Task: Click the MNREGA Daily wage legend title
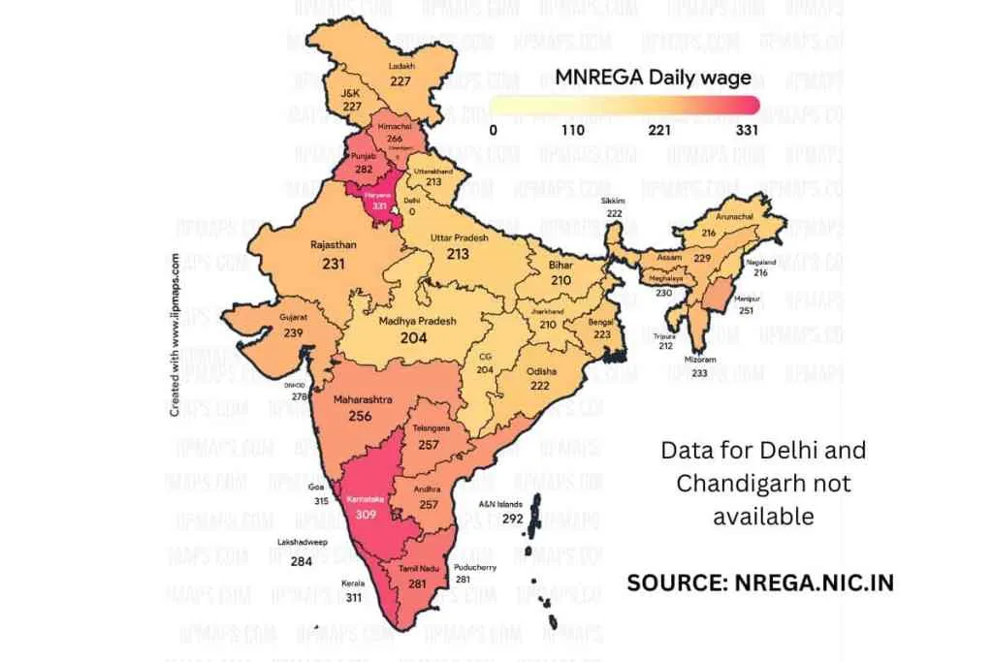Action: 653,78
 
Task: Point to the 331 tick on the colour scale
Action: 747,130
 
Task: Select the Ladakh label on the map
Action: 401,66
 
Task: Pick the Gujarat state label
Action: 293,317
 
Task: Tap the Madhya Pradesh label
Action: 418,321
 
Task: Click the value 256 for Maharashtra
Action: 361,416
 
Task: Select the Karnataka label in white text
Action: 365,500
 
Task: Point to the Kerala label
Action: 353,583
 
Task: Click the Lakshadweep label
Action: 301,544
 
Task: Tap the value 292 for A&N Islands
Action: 514,519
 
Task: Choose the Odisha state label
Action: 541,371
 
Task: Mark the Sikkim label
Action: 614,201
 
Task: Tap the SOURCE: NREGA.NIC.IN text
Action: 759,582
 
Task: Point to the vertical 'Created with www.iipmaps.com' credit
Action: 175,334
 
